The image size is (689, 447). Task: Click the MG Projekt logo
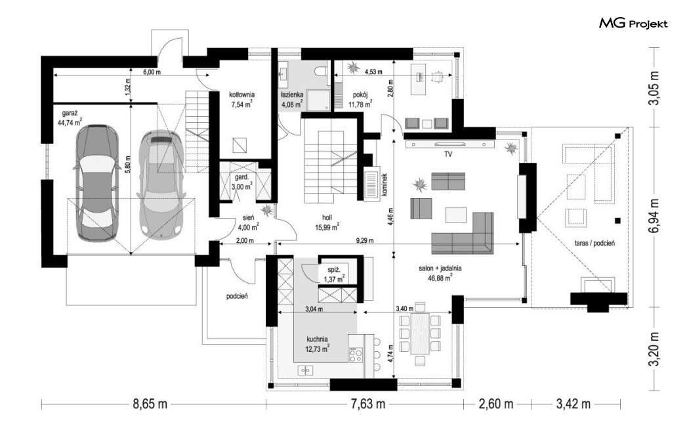pyautogui.click(x=633, y=23)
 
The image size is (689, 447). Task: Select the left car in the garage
pyautogui.click(x=96, y=183)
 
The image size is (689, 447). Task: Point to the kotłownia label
pyautogui.click(x=241, y=95)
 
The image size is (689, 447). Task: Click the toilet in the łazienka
pyautogui.click(x=322, y=72)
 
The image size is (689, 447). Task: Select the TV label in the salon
pyautogui.click(x=448, y=154)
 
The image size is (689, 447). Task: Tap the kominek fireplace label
pyautogui.click(x=384, y=184)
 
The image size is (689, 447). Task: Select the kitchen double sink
pyautogui.click(x=305, y=370)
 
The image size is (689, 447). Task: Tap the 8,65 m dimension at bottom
pyautogui.click(x=150, y=404)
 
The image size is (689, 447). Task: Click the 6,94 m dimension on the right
pyautogui.click(x=655, y=217)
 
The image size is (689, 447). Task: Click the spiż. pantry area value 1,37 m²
pyautogui.click(x=334, y=279)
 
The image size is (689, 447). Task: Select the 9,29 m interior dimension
pyautogui.click(x=365, y=240)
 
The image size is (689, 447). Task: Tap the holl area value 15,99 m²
pyautogui.click(x=327, y=227)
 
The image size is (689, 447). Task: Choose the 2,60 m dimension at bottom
pyautogui.click(x=495, y=404)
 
